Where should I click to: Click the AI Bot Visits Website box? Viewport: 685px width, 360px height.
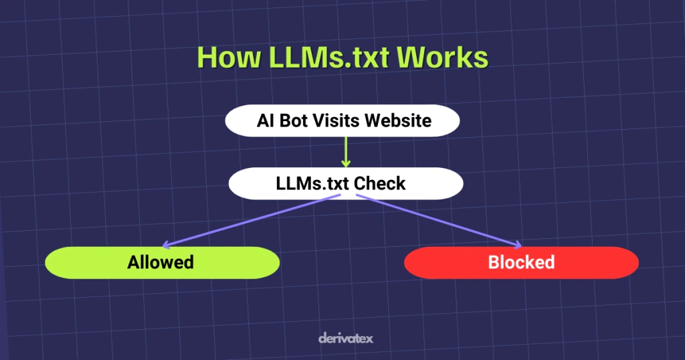coord(342,121)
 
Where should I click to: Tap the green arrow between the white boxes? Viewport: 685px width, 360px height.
coord(346,152)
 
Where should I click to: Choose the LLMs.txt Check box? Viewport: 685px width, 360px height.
coord(345,183)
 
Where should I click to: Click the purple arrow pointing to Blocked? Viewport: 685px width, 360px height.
coord(438,221)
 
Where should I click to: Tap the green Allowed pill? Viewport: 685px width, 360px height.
coord(162,262)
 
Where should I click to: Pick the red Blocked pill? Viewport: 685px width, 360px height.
coord(521,262)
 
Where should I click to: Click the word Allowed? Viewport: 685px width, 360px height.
coord(161,262)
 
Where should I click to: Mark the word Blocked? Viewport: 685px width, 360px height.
coord(521,262)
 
